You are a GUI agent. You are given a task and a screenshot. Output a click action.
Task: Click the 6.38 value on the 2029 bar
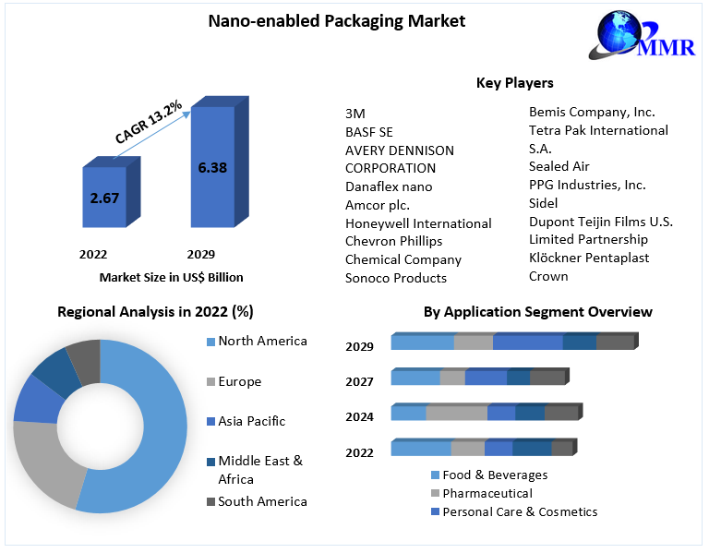click(x=212, y=168)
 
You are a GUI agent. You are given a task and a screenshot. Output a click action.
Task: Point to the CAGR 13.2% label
click(x=148, y=120)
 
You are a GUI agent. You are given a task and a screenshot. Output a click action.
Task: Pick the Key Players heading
click(x=514, y=83)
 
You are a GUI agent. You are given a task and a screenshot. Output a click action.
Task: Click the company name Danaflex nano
click(x=389, y=186)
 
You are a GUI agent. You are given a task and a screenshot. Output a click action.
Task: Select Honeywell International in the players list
click(x=418, y=223)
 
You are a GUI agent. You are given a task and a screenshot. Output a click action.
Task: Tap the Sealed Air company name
click(x=559, y=166)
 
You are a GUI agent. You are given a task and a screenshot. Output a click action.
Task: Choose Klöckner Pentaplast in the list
click(x=589, y=258)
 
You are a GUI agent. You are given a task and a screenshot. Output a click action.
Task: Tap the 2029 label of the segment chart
click(x=360, y=347)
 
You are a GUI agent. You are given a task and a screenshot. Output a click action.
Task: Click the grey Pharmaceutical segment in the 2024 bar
click(x=456, y=413)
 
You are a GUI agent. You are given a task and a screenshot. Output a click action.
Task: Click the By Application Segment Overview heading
click(x=537, y=312)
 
